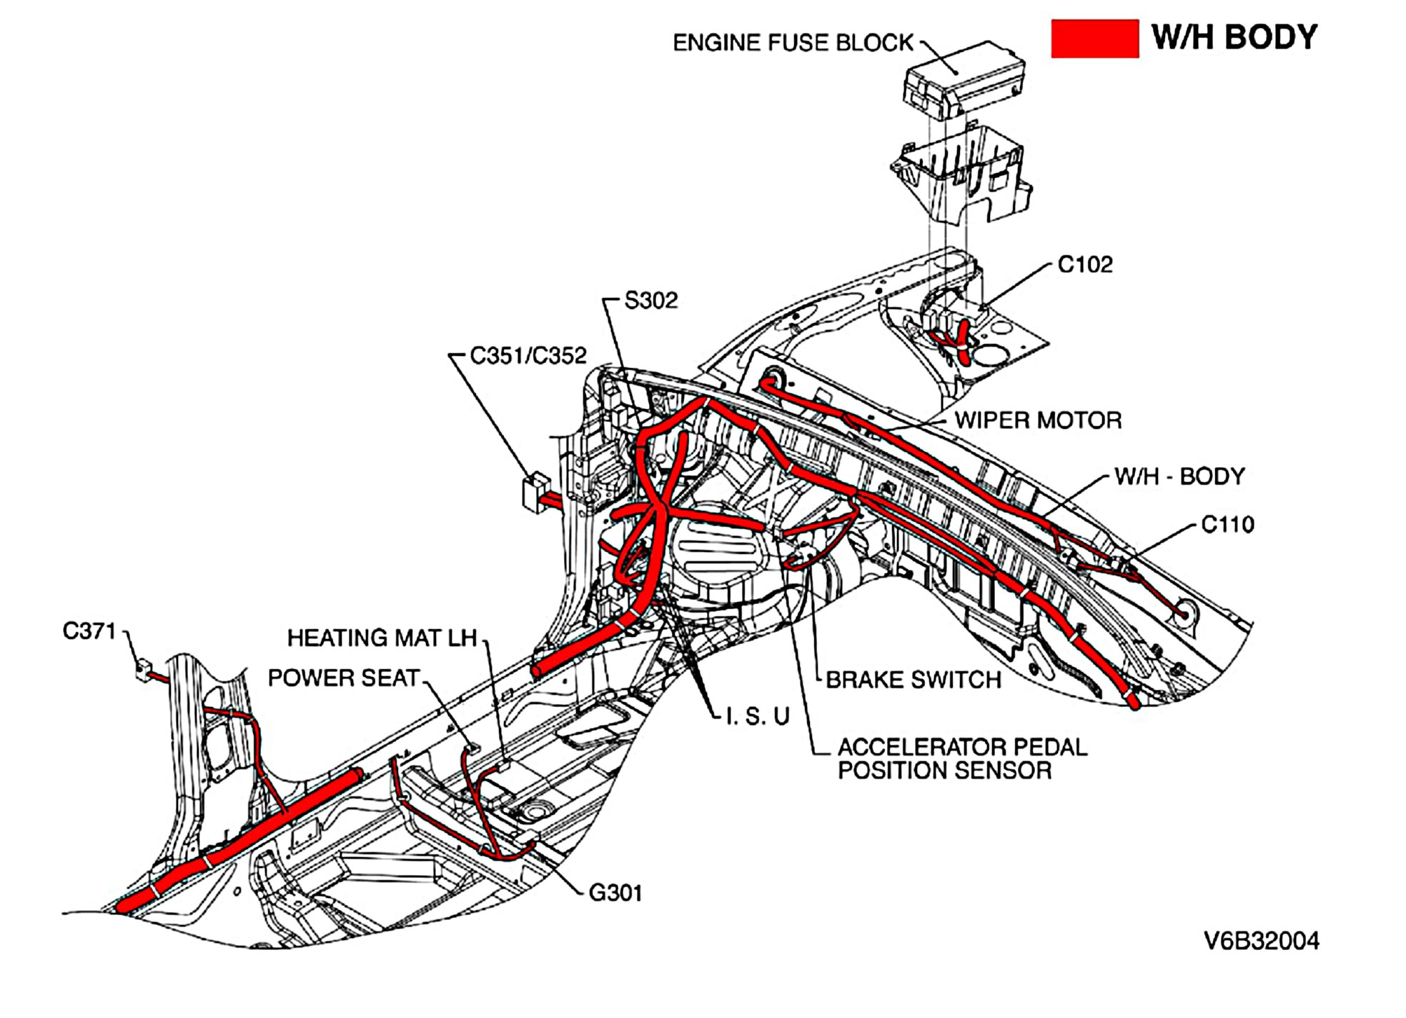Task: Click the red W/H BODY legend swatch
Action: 1094,39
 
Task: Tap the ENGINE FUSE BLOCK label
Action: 793,43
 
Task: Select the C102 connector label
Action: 1084,265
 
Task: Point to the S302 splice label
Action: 650,300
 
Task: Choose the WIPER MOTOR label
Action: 1038,420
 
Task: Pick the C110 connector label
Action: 1227,525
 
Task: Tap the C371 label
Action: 89,631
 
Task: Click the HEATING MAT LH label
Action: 382,638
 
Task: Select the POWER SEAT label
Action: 343,678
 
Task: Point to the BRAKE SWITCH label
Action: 913,680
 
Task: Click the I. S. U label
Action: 757,716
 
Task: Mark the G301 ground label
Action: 615,893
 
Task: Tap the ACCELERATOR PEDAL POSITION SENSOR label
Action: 961,759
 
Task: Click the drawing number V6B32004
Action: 1261,941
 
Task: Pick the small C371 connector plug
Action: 144,671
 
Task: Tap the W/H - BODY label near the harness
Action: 1179,476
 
